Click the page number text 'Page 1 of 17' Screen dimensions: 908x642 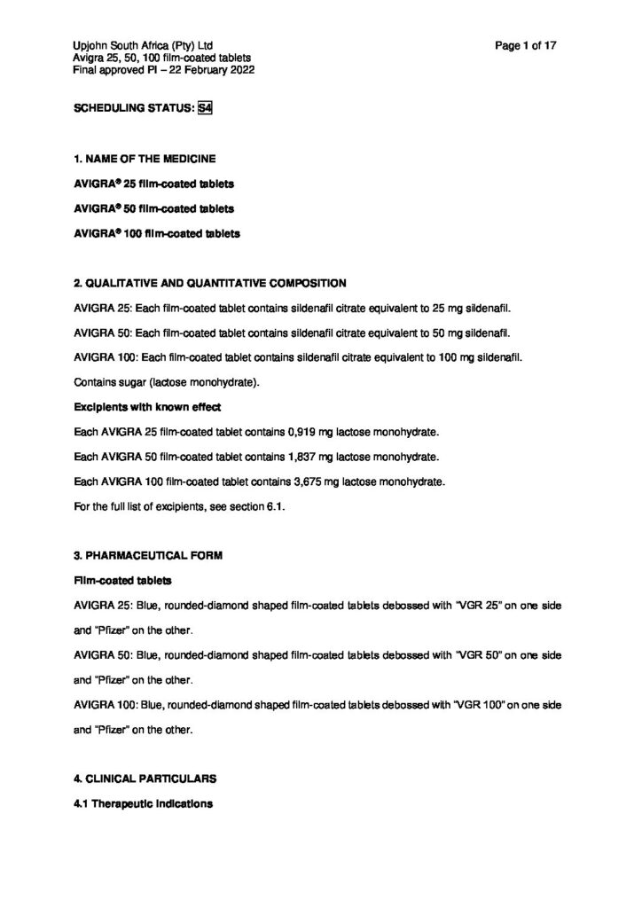pos(527,44)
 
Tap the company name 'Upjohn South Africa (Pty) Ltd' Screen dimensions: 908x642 pos(144,44)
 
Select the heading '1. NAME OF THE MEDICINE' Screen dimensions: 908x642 pos(145,159)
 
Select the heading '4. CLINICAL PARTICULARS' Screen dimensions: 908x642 pos(145,778)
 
